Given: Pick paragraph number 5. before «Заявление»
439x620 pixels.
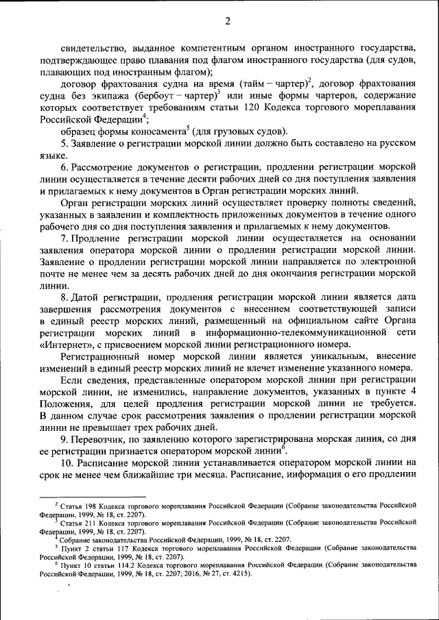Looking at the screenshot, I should (64, 144).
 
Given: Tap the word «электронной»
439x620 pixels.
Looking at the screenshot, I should (383, 262).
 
